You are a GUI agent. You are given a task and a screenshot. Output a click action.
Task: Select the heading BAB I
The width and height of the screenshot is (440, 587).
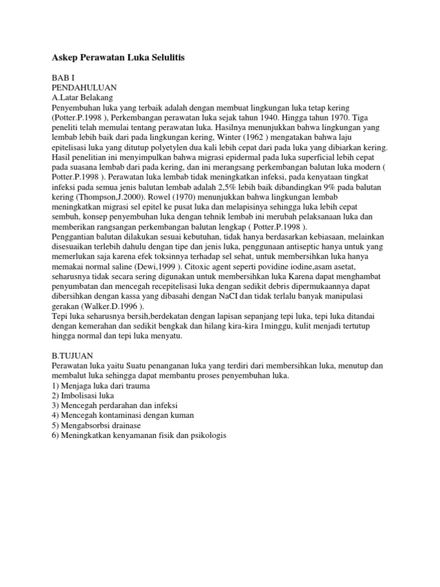tap(62, 77)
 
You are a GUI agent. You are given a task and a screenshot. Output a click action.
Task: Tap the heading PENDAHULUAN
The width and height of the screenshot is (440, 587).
tap(84, 88)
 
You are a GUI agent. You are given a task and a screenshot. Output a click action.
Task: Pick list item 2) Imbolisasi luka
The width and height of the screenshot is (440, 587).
tap(82, 396)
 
